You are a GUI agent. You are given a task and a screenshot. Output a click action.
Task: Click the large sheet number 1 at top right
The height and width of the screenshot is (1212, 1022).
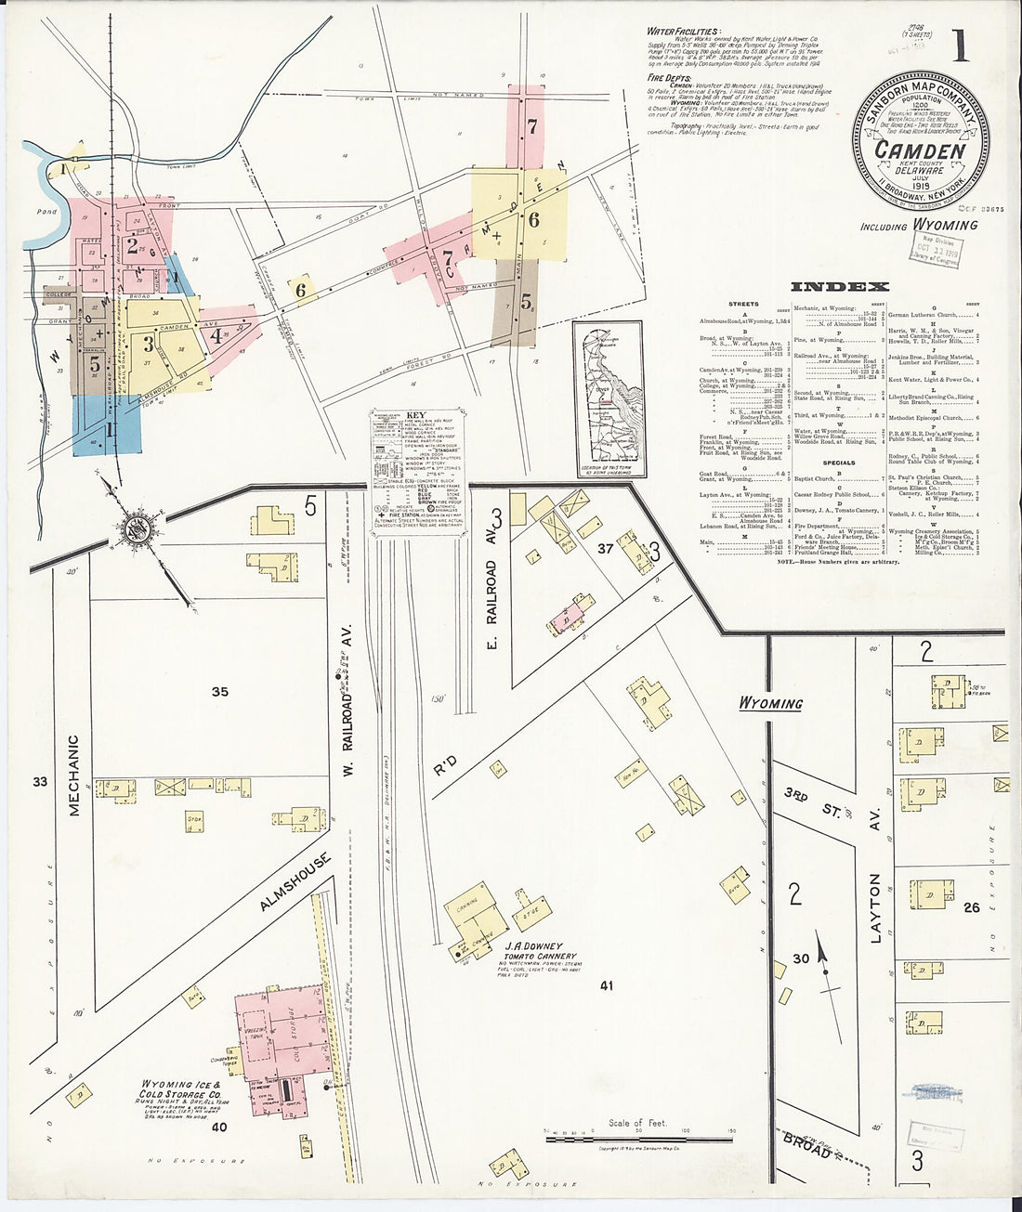click(960, 46)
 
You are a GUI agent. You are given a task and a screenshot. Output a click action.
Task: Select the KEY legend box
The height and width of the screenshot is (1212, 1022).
click(418, 462)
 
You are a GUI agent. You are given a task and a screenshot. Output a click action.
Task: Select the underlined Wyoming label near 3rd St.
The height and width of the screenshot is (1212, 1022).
click(770, 703)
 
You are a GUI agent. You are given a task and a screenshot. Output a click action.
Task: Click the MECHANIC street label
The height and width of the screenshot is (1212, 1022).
click(74, 775)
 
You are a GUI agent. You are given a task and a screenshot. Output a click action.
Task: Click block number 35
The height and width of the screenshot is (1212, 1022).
click(219, 692)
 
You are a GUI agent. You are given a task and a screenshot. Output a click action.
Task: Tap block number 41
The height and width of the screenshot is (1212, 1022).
click(608, 985)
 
